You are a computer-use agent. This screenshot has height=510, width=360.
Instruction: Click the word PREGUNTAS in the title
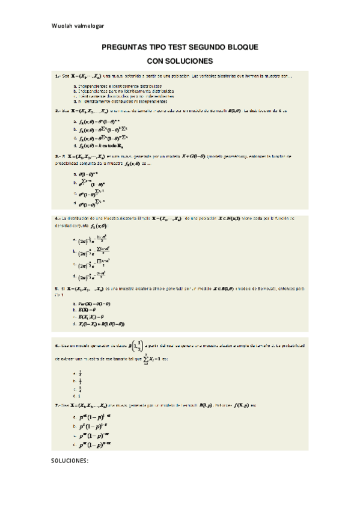(127, 47)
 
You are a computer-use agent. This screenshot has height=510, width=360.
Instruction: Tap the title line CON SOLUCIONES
(180, 61)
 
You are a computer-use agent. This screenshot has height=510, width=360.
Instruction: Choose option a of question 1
(112, 86)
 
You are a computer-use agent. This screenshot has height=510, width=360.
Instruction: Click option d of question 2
(96, 146)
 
